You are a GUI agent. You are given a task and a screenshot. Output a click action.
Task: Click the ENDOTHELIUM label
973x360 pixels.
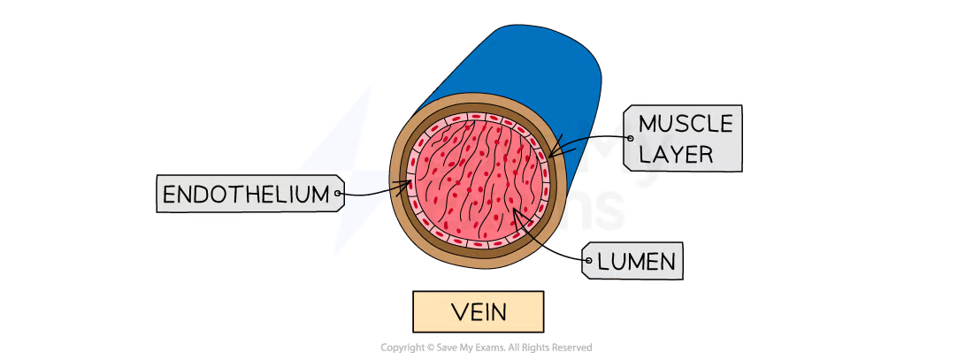pyautogui.click(x=249, y=193)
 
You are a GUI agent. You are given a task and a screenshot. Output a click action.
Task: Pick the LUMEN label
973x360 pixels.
pyautogui.click(x=636, y=261)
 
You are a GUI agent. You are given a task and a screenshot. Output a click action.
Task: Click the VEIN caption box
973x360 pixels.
pyautogui.click(x=477, y=312)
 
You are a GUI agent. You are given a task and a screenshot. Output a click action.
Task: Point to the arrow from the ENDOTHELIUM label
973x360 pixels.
pyautogui.click(x=376, y=189)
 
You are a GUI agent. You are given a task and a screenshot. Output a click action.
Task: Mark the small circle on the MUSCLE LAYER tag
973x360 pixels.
pyautogui.click(x=629, y=138)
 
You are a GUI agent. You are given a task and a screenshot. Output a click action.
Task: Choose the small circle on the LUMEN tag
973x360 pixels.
pyautogui.click(x=588, y=261)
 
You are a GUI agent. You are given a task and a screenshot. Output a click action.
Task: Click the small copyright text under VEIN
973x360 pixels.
pyautogui.click(x=486, y=344)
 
